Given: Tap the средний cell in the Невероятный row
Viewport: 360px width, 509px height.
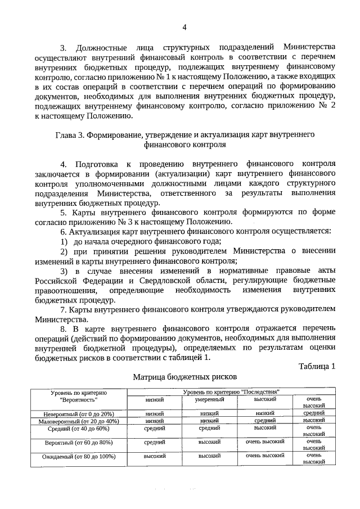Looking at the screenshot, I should pos(314,413).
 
